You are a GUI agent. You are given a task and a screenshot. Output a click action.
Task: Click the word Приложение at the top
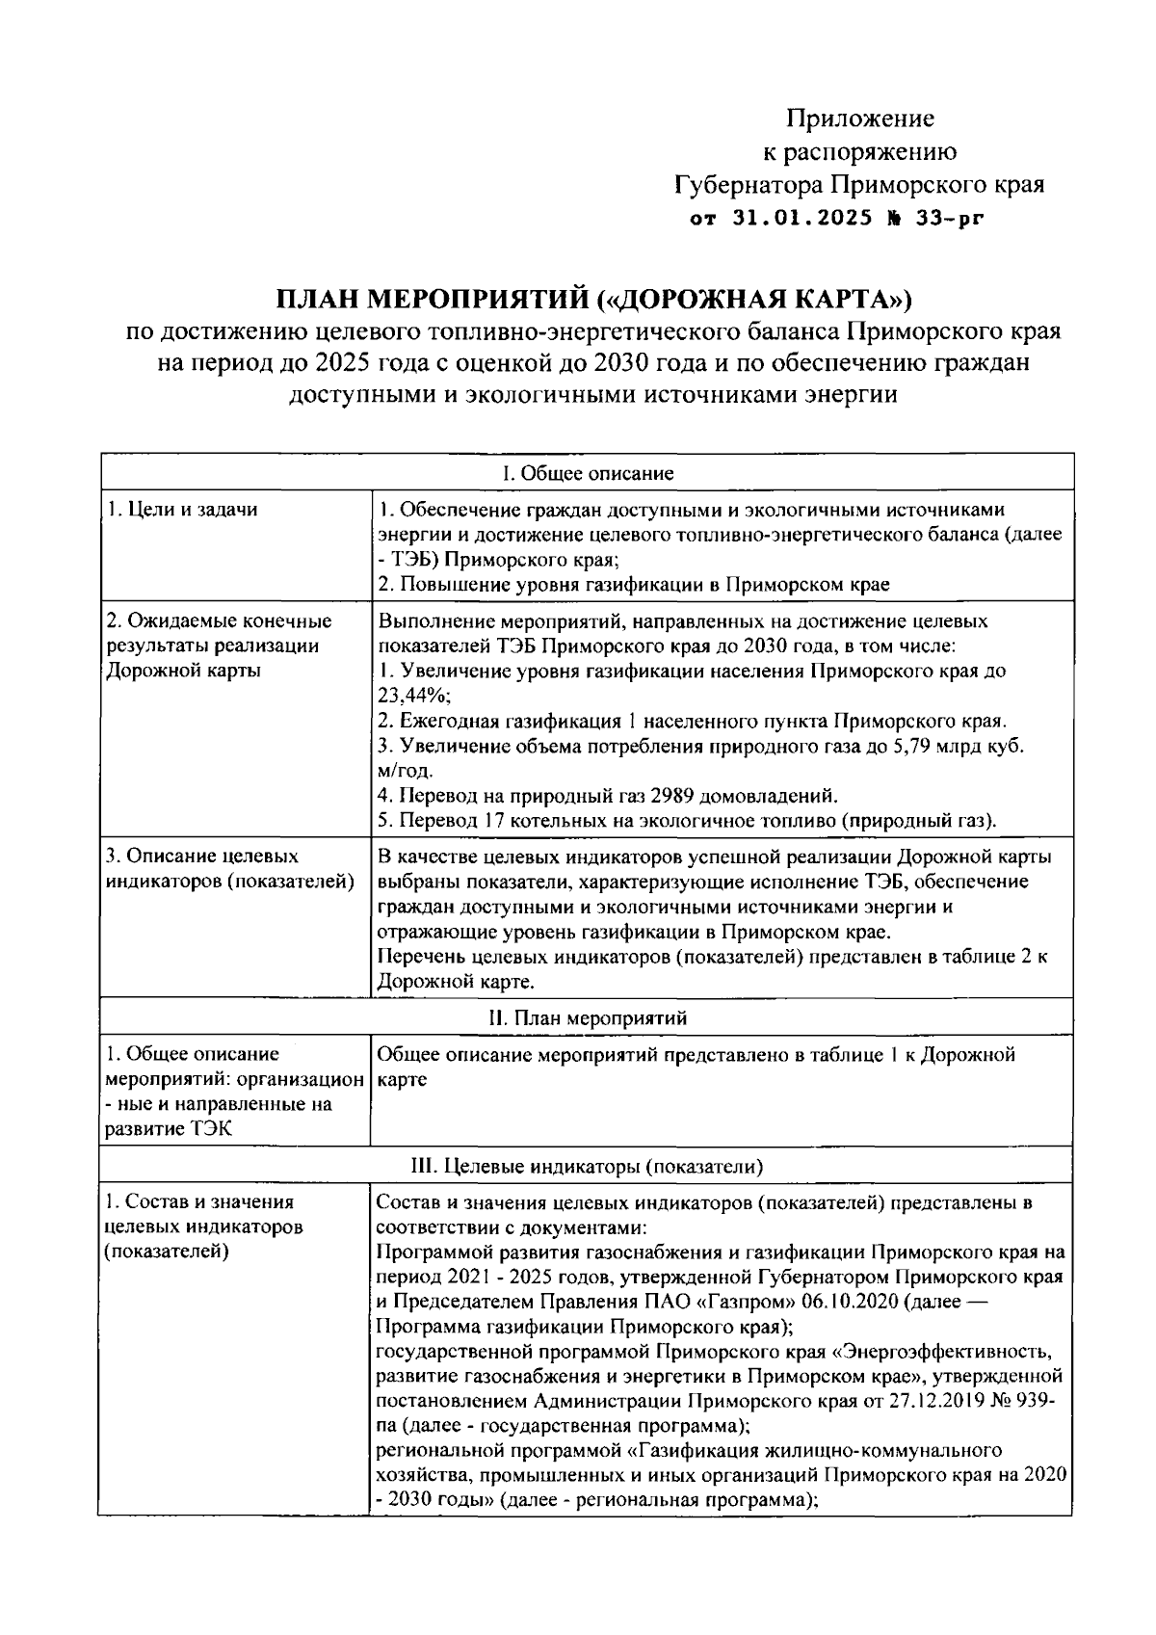(860, 119)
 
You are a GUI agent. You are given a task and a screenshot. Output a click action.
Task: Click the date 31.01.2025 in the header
(802, 219)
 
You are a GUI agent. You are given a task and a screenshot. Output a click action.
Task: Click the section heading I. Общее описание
(588, 473)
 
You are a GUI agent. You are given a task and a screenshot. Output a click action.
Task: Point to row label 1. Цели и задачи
(182, 510)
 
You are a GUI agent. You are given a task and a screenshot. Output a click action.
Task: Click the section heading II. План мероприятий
(588, 1018)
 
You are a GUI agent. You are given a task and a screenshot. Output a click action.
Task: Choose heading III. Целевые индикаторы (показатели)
(588, 1167)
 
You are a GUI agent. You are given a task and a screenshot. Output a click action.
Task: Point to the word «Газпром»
(743, 1302)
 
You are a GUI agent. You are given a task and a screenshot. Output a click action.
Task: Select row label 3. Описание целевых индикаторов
(228, 869)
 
